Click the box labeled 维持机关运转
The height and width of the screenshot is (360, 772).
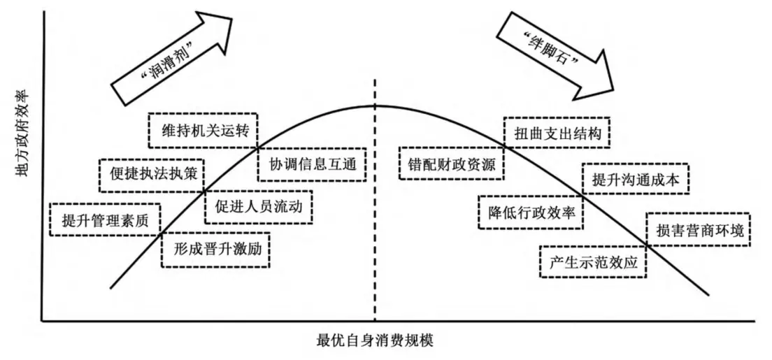(x=203, y=129)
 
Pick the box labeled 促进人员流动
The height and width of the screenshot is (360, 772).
(x=258, y=207)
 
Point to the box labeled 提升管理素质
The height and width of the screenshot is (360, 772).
(x=105, y=219)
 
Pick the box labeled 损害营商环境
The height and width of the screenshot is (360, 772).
(x=699, y=229)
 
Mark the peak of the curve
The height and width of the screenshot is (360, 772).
(x=376, y=106)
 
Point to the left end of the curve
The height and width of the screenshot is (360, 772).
(x=111, y=287)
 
